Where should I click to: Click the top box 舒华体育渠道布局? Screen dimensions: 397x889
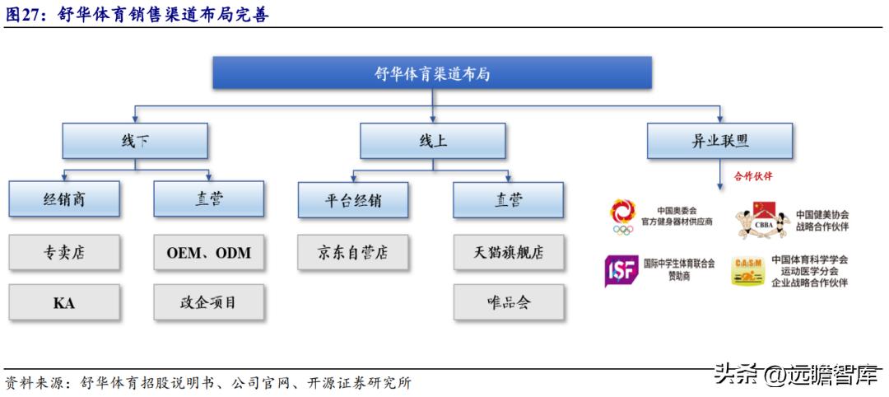coord(432,73)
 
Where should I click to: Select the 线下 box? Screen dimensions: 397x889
coord(135,141)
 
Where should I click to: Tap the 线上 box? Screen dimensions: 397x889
coord(432,141)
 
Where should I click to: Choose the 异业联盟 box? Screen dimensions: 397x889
coord(719,141)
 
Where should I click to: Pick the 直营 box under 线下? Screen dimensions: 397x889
coord(208,199)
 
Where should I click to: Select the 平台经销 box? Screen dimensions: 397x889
coord(353,199)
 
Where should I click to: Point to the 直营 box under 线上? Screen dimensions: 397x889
coord(508,199)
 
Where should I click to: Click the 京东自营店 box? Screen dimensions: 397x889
coord(353,252)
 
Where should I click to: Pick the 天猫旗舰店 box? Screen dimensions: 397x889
coord(508,252)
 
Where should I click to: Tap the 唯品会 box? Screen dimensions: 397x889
coord(508,302)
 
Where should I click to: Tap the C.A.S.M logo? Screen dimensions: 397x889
coord(747,271)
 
